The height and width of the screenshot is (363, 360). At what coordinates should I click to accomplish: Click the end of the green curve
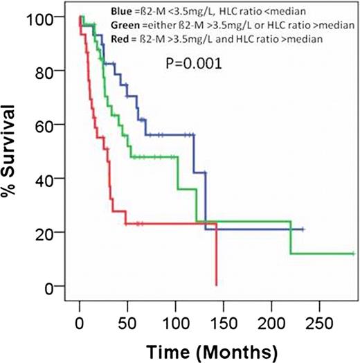coord(353,254)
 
